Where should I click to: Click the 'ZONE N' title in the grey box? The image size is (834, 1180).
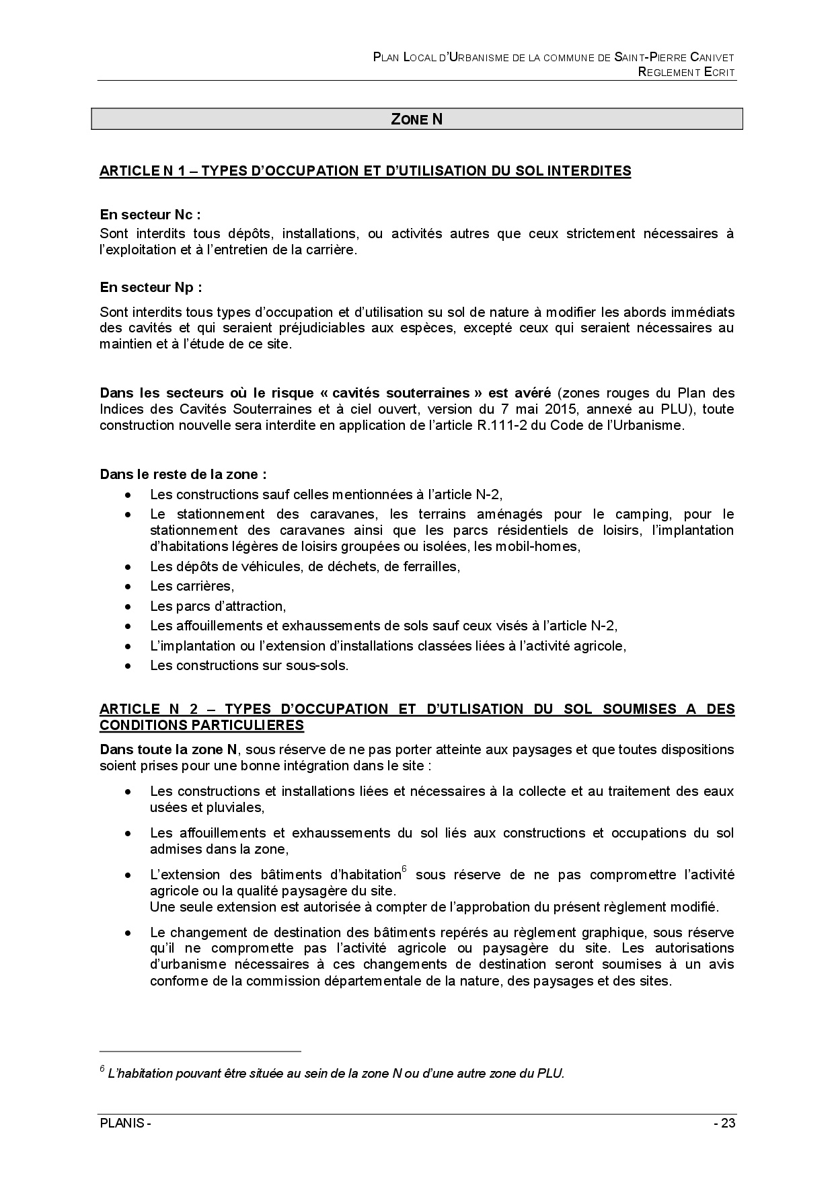tap(416, 119)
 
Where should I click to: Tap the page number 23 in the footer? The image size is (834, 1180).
tap(728, 1124)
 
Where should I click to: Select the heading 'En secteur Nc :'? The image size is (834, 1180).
tap(151, 215)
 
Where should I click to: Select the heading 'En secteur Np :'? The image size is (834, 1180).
tap(151, 287)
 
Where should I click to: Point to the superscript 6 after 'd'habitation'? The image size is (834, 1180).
tap(404, 870)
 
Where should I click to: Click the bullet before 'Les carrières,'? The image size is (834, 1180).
tap(128, 586)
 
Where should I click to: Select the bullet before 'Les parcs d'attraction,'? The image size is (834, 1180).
tap(128, 606)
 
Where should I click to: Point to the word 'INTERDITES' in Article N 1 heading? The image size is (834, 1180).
tap(589, 171)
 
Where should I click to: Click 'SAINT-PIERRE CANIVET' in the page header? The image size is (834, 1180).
tap(674, 58)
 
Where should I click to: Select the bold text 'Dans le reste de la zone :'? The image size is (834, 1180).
tap(183, 474)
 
